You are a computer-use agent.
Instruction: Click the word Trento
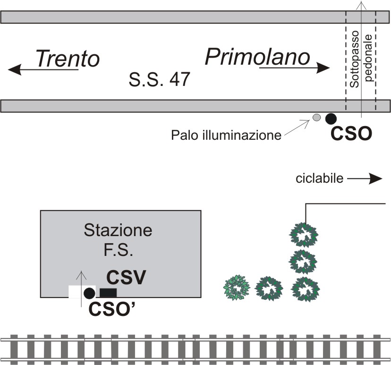tap(68, 59)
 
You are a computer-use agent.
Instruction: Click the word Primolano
tap(257, 57)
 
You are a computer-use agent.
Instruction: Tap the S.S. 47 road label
tap(159, 79)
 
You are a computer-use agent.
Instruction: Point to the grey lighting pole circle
tap(316, 118)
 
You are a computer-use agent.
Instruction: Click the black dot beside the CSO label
tap(331, 119)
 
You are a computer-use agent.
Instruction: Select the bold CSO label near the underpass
tap(351, 134)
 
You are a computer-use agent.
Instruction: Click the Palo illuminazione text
tap(226, 136)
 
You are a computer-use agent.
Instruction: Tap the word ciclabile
tap(319, 178)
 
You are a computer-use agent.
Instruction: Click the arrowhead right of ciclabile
tap(375, 178)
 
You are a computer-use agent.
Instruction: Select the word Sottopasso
tap(354, 59)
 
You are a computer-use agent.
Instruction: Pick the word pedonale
tap(368, 58)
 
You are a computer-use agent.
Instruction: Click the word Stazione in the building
tap(118, 230)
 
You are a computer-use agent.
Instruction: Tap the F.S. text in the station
tap(118, 250)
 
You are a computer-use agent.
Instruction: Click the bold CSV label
tap(126, 277)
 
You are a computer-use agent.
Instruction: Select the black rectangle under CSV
tap(108, 293)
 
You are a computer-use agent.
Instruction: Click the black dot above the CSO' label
tap(89, 293)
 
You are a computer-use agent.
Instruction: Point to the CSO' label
tap(112, 309)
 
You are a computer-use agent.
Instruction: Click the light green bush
tap(237, 288)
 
